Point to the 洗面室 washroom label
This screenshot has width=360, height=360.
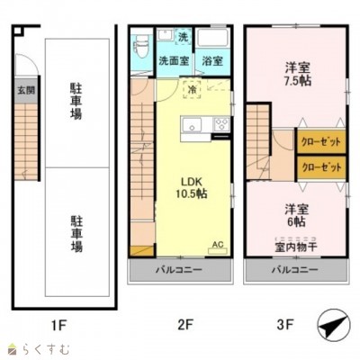174,62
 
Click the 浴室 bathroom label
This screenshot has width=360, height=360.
213,62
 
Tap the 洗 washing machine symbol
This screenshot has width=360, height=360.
183,38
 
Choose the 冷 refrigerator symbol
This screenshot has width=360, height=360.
192,89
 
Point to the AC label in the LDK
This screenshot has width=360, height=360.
217,242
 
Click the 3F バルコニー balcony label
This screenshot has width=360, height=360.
293,269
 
